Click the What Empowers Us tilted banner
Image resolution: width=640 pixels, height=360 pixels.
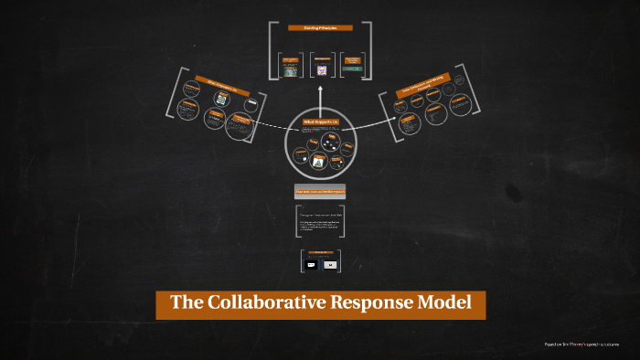tap(216, 88)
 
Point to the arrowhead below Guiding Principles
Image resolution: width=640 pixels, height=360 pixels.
tap(320, 90)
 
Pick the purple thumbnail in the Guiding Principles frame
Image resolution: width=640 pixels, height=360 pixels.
tap(321, 69)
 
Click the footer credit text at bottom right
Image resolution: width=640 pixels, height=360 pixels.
tap(581, 344)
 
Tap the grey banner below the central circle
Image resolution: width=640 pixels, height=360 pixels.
tap(320, 192)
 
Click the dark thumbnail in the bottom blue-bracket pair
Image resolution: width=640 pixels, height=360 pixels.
tap(311, 264)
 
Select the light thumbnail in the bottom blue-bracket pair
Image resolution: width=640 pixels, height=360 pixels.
tap(330, 264)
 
